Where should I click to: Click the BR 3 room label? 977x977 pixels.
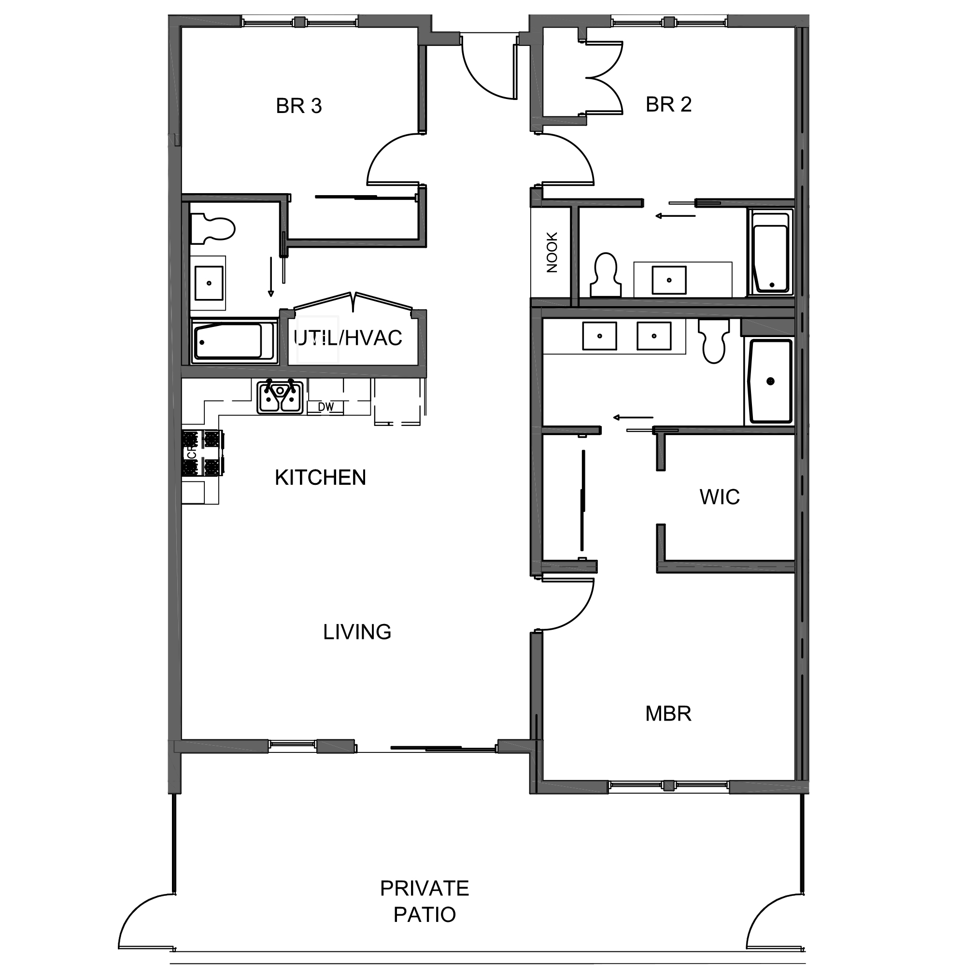(299, 106)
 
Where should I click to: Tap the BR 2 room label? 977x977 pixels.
(668, 105)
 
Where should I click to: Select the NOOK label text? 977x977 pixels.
(552, 253)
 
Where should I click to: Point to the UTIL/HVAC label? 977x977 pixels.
(348, 338)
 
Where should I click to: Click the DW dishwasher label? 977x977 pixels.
(326, 407)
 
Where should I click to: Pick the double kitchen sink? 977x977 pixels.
(280, 397)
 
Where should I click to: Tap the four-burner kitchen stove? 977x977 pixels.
(202, 453)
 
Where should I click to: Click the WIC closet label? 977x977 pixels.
(720, 497)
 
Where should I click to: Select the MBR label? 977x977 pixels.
(668, 713)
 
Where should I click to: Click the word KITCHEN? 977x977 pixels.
(320, 477)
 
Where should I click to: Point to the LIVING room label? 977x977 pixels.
(357, 632)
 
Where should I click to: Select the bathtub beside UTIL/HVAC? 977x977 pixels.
(234, 341)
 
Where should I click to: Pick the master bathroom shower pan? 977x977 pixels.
(770, 382)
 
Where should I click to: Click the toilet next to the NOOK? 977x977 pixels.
(606, 275)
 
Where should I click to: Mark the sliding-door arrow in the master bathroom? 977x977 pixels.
(633, 418)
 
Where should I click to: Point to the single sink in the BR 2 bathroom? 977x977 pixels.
(668, 280)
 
